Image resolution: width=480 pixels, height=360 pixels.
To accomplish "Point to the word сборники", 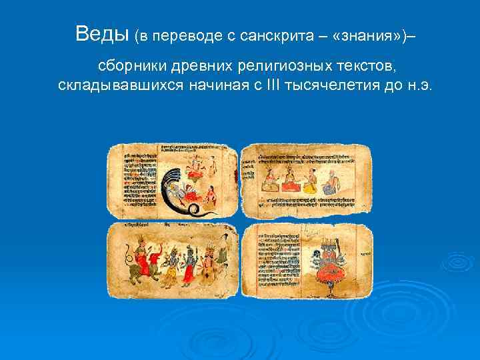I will [x=129, y=67].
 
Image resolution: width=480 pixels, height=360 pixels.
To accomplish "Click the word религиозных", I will [x=272, y=67].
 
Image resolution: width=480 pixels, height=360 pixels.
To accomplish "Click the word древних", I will [x=197, y=67].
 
